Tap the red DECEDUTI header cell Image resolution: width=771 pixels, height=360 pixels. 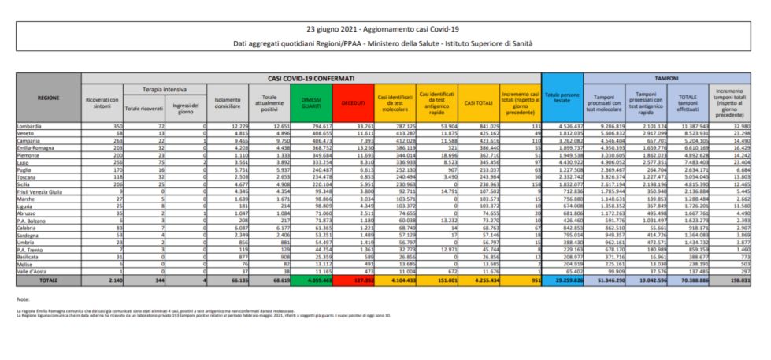[353, 103]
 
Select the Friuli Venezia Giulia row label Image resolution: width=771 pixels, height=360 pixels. [39, 190]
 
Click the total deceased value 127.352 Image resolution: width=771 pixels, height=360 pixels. [358, 279]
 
